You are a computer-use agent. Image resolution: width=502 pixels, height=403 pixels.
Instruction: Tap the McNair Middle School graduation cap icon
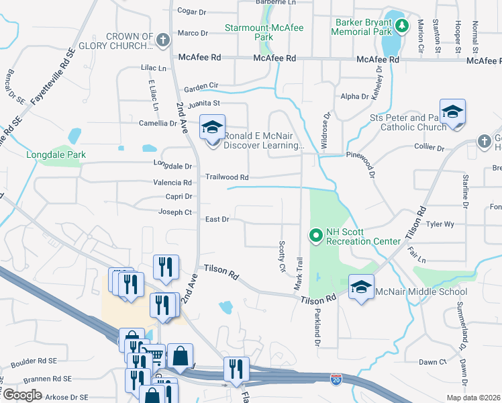(x=361, y=287)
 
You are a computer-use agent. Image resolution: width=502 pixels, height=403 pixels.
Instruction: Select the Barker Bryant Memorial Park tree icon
(x=402, y=26)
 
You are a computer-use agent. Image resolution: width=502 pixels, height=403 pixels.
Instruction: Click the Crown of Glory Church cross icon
(x=162, y=40)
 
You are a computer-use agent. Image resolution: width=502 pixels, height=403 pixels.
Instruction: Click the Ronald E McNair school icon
(x=212, y=126)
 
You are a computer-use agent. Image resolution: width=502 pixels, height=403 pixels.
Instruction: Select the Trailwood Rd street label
(x=227, y=177)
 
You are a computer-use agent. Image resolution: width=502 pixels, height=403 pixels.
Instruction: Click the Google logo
(x=22, y=395)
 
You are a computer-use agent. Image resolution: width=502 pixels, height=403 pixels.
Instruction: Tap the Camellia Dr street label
(x=158, y=124)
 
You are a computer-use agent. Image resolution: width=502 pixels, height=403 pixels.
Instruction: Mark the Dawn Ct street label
(x=432, y=362)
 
